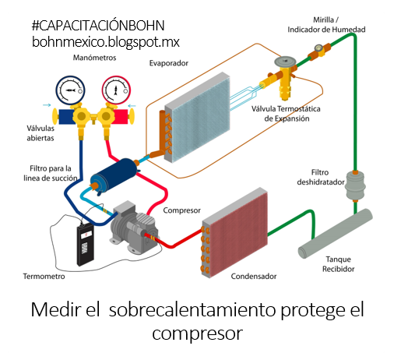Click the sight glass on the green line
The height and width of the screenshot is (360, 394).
318,51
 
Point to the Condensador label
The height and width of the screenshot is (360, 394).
255,277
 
